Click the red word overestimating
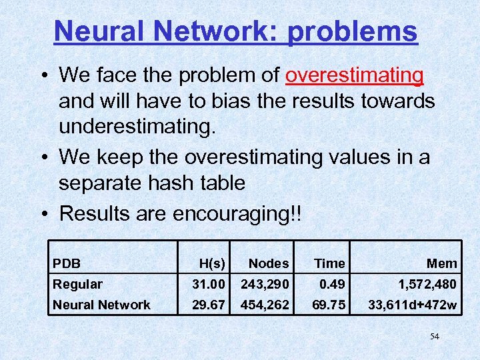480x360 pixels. [354, 75]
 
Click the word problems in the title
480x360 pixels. [353, 31]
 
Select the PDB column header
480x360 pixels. [67, 263]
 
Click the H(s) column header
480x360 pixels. [213, 263]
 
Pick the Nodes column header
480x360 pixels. [269, 263]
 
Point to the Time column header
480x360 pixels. [329, 263]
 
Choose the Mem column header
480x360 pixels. [442, 263]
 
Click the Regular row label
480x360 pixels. [78, 284]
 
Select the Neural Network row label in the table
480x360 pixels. [102, 305]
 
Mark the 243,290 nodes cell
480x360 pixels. [265, 284]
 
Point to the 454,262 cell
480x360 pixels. [265, 305]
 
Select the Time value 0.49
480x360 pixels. [332, 284]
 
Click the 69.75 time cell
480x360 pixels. [329, 305]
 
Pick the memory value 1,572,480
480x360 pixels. [427, 284]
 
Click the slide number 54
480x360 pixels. [435, 337]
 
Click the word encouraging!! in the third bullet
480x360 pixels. [237, 214]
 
